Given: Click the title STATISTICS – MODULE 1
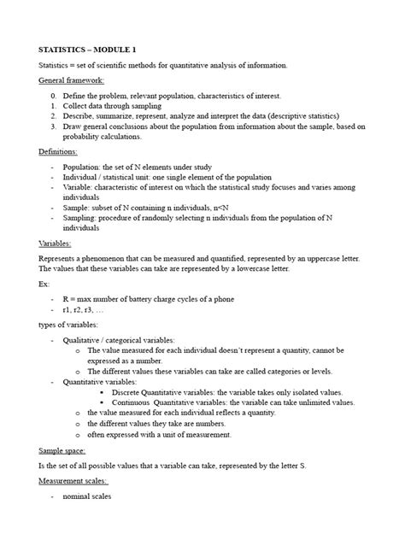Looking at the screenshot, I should click(x=87, y=49).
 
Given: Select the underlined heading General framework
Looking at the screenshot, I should click(x=72, y=79).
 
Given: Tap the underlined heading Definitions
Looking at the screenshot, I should click(x=58, y=150).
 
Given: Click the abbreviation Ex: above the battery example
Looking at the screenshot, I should click(x=44, y=284).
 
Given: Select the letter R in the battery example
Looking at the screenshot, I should click(x=66, y=298).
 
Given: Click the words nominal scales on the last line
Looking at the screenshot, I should click(x=87, y=496).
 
